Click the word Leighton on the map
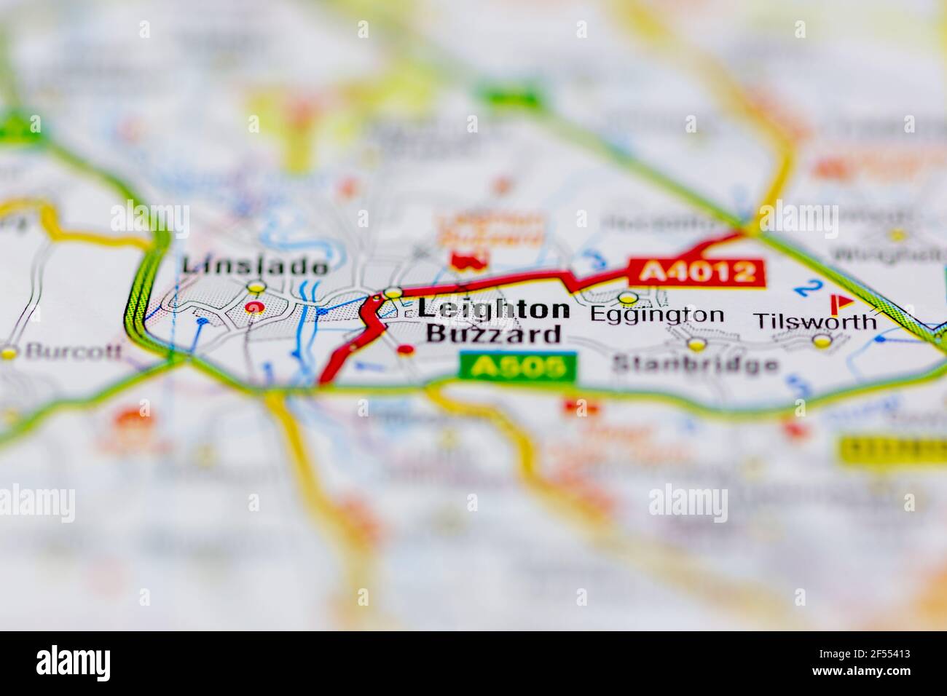[493, 309]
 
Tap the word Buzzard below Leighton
[493, 334]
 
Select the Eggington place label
[657, 315]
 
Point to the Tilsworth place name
[815, 320]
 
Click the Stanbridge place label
[695, 363]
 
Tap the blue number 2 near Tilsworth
[805, 287]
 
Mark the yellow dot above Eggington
[627, 297]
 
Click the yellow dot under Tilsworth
[822, 341]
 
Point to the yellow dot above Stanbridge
[697, 343]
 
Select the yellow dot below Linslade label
[256, 287]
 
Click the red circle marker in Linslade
[254, 308]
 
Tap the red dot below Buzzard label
[406, 350]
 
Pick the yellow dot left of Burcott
[9, 352]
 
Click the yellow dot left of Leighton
[393, 293]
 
